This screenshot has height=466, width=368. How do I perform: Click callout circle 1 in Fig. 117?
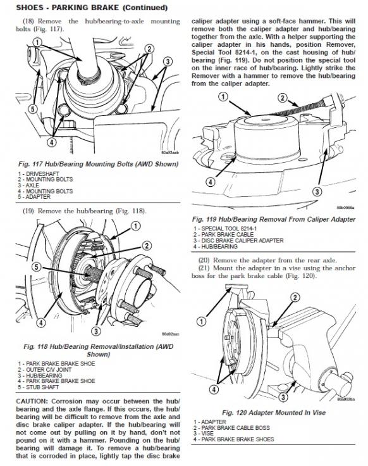[37, 42]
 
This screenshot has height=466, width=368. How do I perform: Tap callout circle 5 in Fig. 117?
[34, 109]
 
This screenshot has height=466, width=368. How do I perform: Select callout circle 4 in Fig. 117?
[52, 142]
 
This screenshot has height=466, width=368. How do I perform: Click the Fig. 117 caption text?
[98, 164]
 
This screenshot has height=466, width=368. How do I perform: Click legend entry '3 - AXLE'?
[28, 185]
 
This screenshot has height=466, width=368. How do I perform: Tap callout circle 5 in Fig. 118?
[37, 267]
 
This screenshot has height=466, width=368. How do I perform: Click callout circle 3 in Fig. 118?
[96, 331]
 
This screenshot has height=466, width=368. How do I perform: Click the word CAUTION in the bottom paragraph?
[32, 401]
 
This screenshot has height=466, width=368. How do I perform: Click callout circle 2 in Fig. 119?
[283, 98]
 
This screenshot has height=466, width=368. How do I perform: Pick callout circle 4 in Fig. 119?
[211, 182]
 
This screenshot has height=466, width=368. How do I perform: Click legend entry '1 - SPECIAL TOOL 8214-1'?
[225, 229]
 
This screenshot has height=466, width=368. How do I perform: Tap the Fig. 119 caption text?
[274, 219]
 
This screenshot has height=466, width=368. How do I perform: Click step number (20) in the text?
[204, 260]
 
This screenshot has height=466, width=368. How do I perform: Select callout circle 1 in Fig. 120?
[202, 321]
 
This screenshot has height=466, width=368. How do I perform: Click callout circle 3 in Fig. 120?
[283, 397]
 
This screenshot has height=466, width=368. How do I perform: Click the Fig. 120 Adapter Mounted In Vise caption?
[274, 413]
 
